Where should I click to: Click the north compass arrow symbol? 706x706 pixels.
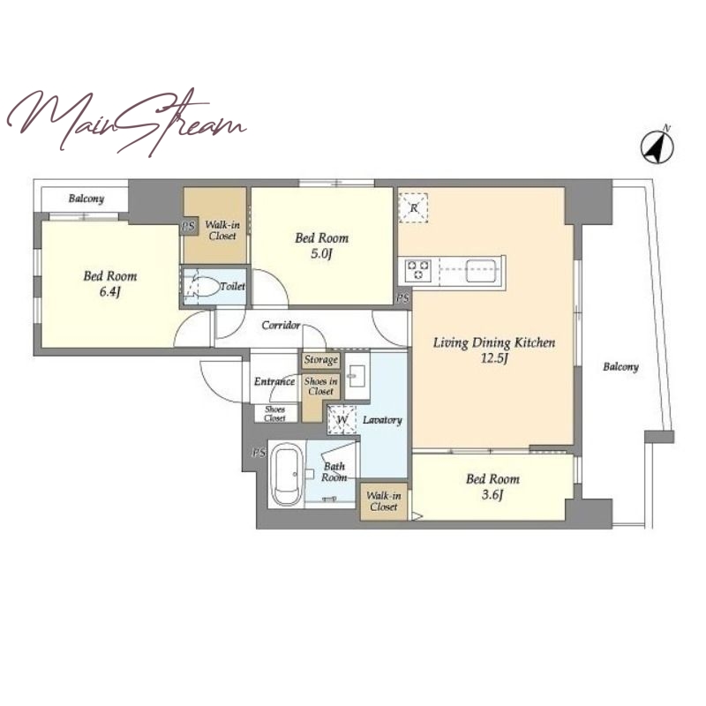(657, 146)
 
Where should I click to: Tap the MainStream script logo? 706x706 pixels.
(126, 122)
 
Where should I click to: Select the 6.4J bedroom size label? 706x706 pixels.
(109, 293)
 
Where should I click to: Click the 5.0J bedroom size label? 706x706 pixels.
(321, 255)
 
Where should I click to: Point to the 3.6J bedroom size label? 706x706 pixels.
(492, 495)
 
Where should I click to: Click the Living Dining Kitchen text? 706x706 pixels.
(494, 343)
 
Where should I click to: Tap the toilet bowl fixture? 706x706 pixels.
(206, 286)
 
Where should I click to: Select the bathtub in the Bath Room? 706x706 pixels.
(289, 475)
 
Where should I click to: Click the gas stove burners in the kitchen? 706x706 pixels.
(418, 270)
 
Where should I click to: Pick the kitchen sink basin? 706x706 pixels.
(483, 271)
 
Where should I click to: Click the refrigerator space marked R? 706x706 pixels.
(413, 208)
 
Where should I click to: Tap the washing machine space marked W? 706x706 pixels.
(342, 420)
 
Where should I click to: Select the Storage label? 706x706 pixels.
(320, 360)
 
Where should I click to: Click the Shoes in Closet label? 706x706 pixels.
(320, 387)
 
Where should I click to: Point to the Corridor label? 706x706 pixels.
(281, 325)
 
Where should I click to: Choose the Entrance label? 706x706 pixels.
(274, 382)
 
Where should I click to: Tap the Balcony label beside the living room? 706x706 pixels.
(621, 367)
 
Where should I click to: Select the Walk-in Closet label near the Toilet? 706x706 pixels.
(222, 230)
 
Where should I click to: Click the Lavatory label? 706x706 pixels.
(382, 420)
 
